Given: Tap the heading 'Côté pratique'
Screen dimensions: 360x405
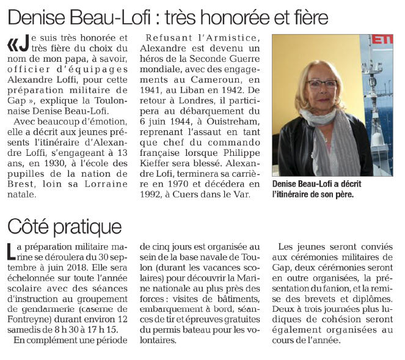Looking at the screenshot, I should click(x=64, y=226).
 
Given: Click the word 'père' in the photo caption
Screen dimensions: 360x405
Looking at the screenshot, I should click(x=343, y=196).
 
